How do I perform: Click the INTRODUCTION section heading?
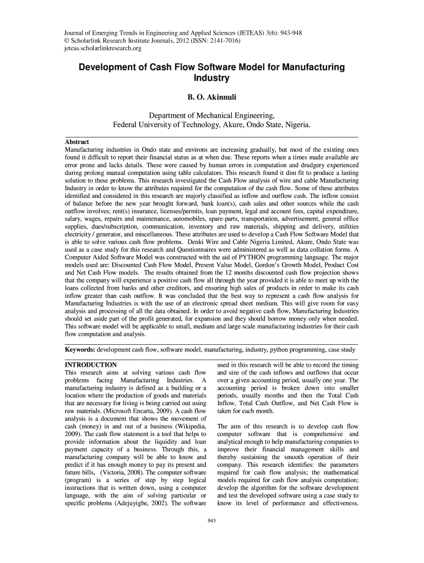pos(91,365)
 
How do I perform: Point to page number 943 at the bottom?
pos(211,521)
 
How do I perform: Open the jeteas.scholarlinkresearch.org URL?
pos(103,49)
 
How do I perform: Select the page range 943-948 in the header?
pos(286,32)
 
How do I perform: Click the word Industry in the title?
pos(211,78)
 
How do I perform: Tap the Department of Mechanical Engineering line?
pos(212,115)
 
